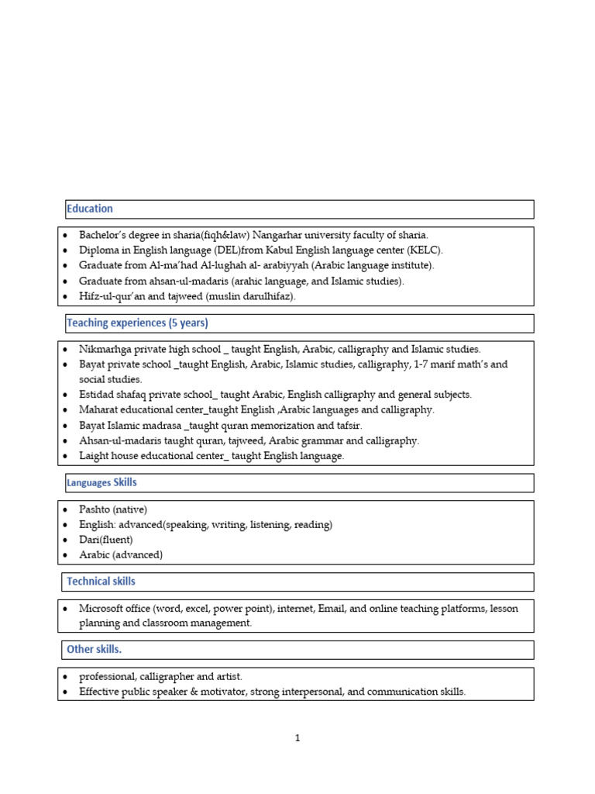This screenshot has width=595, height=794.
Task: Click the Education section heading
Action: [90, 209]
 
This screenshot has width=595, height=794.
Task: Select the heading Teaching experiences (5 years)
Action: [137, 323]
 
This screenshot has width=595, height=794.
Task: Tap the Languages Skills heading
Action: [101, 482]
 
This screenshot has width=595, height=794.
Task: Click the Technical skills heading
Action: [101, 581]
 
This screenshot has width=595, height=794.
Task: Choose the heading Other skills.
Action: [94, 649]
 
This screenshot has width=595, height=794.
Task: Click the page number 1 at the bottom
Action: [297, 738]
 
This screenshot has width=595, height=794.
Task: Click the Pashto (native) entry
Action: [113, 509]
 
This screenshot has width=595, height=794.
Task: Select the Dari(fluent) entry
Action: [106, 540]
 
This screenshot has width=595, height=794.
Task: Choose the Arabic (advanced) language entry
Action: [121, 555]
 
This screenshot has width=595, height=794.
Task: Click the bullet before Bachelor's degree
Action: [67, 235]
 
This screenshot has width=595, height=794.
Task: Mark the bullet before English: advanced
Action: [67, 525]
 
